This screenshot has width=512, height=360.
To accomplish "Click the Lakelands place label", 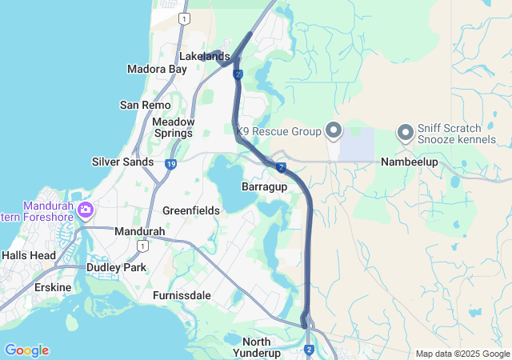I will click(x=205, y=57).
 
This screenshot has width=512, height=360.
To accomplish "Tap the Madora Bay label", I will click(x=157, y=70).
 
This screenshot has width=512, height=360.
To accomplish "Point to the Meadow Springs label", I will click(x=173, y=127).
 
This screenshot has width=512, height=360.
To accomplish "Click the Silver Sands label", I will click(x=122, y=162).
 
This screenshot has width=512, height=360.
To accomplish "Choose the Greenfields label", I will click(x=191, y=210).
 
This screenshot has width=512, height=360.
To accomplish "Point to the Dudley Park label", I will click(x=116, y=267).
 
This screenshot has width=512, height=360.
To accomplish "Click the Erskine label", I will click(x=52, y=287).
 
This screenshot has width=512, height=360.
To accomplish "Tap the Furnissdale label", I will click(x=182, y=295).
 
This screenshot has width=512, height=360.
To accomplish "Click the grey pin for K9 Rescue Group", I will click(x=334, y=130).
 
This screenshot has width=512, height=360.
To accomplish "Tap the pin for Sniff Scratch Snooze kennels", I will click(x=405, y=130).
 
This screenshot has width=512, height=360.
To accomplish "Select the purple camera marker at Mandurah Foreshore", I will click(x=85, y=211).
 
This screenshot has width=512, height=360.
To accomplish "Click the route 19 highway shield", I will click(x=171, y=164).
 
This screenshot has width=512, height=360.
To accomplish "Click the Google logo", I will click(x=26, y=350).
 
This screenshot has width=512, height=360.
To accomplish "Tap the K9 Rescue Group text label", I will click(x=278, y=130).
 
